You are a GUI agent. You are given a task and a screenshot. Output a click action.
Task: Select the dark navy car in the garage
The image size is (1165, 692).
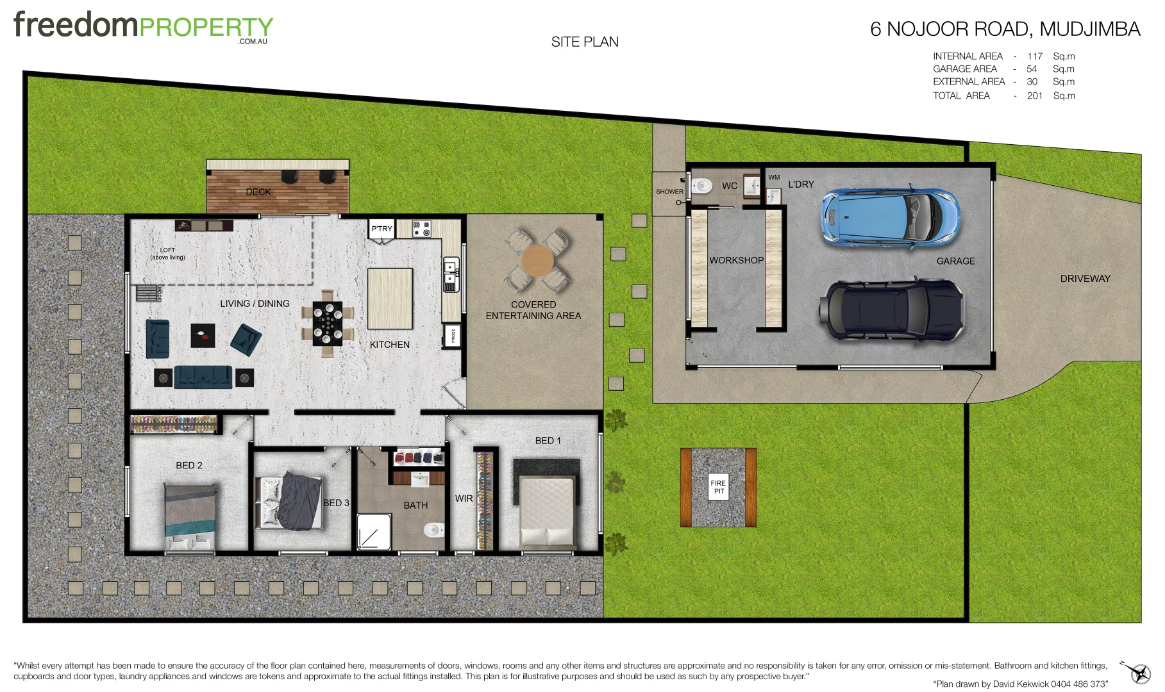click(891, 309)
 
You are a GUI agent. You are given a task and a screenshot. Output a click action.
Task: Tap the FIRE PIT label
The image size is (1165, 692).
click(718, 487)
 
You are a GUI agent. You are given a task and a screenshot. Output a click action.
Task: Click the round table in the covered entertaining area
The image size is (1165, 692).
click(537, 261)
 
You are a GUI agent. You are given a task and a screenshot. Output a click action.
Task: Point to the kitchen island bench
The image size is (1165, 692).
click(390, 299)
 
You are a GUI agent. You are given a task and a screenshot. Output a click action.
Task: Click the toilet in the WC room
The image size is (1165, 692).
click(703, 186)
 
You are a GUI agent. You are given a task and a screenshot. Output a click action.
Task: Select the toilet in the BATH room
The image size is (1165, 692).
click(433, 530)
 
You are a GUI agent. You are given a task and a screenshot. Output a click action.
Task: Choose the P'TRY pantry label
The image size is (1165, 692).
click(381, 229)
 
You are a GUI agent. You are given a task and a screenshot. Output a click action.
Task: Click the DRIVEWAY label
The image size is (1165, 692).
click(1085, 279)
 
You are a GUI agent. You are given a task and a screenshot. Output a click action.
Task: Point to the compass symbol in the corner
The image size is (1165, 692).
click(1138, 672)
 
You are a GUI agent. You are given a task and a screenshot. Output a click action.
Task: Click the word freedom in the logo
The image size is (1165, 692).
click(76, 26)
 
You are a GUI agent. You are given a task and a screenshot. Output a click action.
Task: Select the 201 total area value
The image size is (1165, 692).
click(1034, 95)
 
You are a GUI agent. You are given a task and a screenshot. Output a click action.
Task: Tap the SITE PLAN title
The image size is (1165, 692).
click(585, 42)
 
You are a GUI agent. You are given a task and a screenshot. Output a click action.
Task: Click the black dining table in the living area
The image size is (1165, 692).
click(328, 323)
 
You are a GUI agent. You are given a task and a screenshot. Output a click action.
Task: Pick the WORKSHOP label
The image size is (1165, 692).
click(736, 260)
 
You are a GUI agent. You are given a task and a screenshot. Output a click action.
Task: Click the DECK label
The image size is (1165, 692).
click(258, 192)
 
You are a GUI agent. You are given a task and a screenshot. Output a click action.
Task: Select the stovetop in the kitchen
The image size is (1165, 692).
click(421, 229)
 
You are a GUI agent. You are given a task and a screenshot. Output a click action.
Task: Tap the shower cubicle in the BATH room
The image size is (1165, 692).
click(373, 531)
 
